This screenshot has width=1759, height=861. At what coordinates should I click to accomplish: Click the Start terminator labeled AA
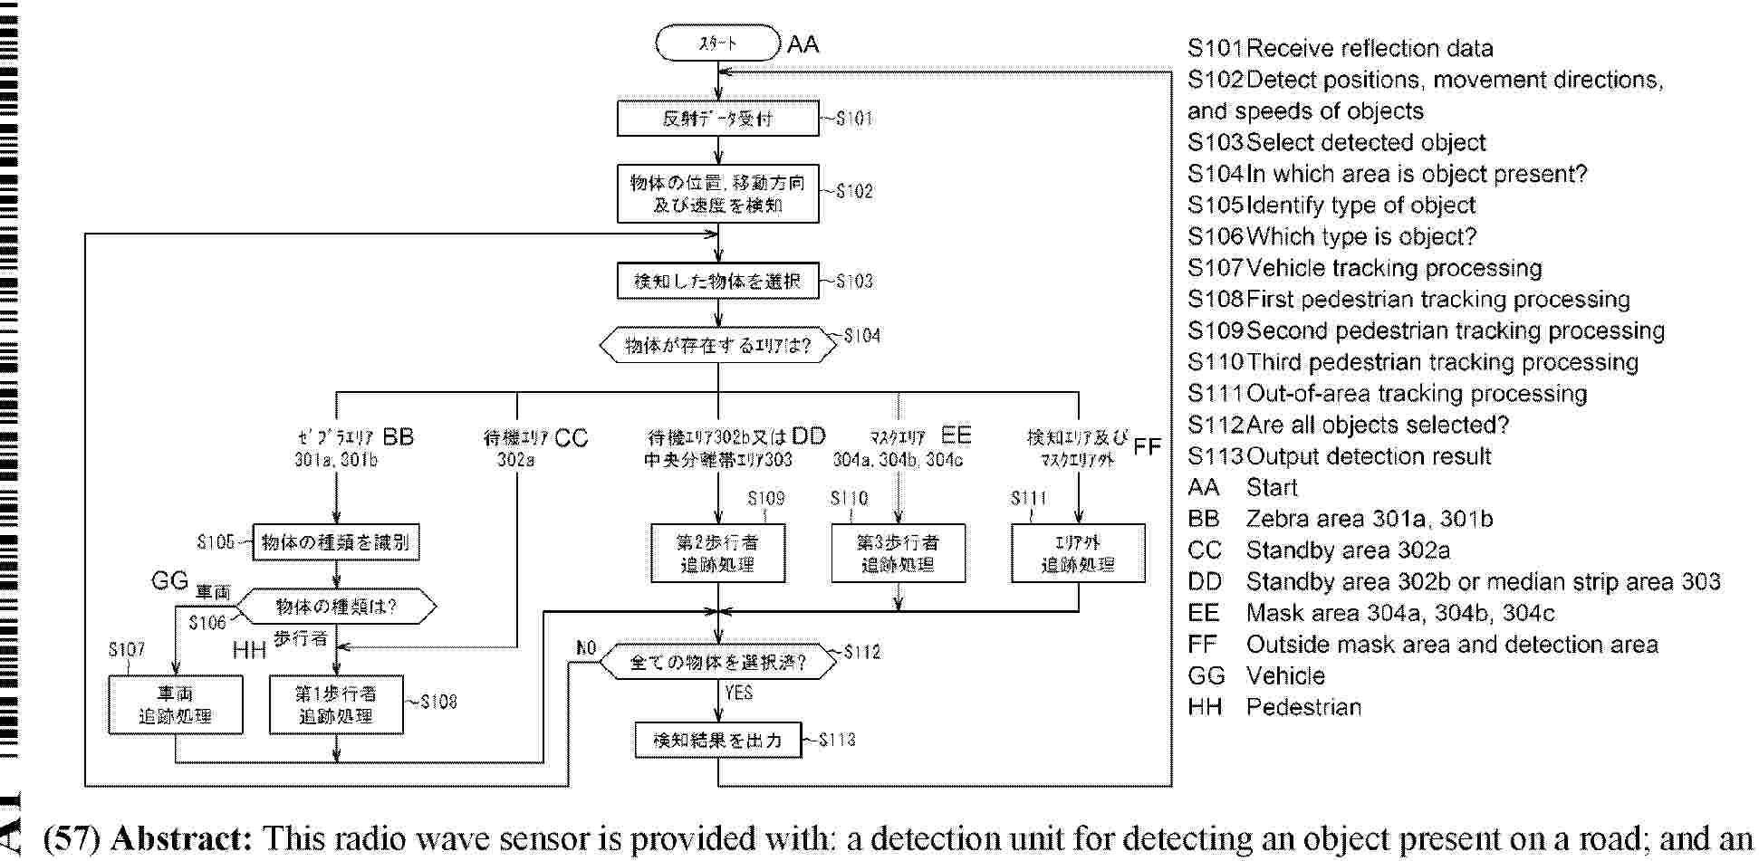717,43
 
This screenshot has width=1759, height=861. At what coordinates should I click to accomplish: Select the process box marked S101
717,119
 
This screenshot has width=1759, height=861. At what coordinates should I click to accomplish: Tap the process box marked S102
717,194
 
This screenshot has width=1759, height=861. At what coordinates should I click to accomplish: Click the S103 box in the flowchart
717,282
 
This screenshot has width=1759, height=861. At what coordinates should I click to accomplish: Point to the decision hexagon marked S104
717,345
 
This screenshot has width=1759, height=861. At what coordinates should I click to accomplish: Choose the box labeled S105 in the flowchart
336,543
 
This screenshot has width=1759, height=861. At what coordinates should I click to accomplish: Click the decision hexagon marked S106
336,607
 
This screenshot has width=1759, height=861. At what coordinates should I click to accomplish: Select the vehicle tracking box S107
175,705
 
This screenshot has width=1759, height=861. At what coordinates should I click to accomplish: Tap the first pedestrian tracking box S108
336,705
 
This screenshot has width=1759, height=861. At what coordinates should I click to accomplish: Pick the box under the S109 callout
717,553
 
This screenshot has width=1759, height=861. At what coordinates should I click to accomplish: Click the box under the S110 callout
898,553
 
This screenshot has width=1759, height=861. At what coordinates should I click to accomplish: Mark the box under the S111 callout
1078,553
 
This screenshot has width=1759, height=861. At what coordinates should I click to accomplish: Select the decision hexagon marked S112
717,663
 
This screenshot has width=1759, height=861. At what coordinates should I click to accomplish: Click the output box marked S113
717,740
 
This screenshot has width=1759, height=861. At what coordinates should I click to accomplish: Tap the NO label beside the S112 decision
586,648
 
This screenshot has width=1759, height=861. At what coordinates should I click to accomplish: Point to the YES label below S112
739,693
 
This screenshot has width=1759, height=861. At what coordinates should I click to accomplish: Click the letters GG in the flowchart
169,580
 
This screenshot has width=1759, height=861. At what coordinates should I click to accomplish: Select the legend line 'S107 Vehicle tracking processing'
1365,268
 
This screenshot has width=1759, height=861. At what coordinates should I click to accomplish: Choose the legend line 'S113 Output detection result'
1340,456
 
